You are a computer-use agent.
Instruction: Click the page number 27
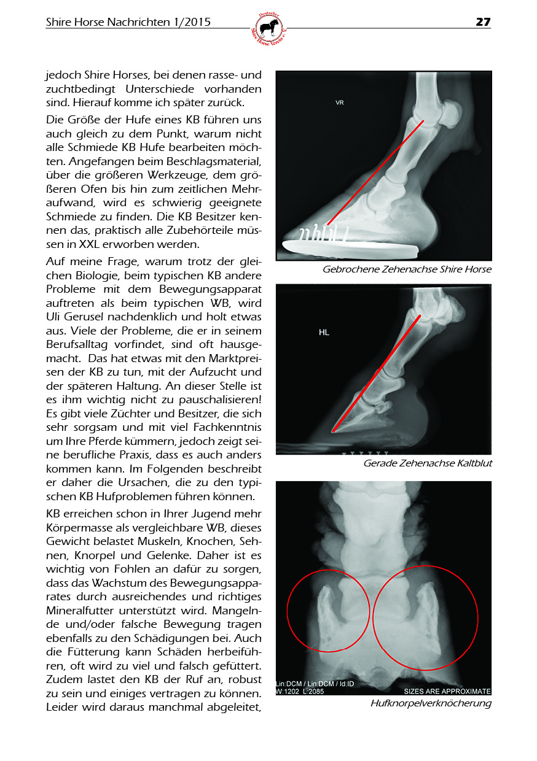click(x=483, y=22)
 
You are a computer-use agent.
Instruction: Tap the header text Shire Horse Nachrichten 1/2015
click(x=128, y=22)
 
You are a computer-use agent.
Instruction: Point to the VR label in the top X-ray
click(x=339, y=102)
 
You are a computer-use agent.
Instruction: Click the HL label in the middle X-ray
click(x=324, y=332)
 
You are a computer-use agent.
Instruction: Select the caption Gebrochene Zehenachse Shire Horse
click(x=407, y=269)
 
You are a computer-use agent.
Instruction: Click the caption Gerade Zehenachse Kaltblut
click(x=428, y=463)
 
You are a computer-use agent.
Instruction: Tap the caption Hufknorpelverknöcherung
click(x=431, y=703)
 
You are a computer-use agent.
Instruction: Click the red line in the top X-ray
click(x=375, y=172)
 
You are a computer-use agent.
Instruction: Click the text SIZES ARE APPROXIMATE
click(x=447, y=691)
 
